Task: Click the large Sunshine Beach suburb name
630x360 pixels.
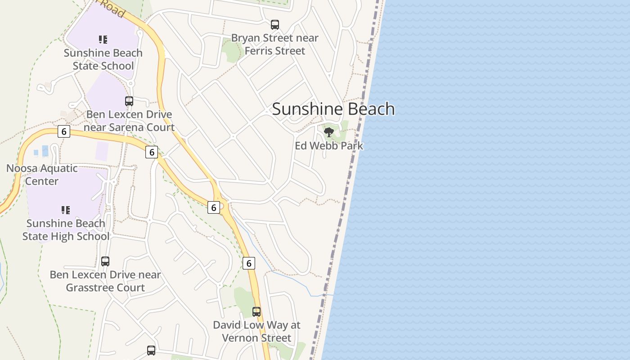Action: [x=333, y=109]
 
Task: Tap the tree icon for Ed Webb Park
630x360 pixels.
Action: [x=329, y=132]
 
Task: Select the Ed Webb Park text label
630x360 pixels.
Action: [x=329, y=146]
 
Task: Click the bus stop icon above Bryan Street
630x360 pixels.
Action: [x=275, y=25]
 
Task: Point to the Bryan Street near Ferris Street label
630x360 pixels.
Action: [x=274, y=45]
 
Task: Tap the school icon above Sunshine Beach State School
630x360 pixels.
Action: [x=103, y=40]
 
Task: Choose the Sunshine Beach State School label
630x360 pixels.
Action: [x=103, y=59]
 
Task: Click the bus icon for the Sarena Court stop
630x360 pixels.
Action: [x=129, y=101]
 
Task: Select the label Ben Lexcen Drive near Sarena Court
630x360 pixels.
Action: [x=129, y=121]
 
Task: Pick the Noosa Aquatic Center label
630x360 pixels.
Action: [x=42, y=175]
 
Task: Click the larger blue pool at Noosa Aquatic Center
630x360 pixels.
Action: [x=45, y=151]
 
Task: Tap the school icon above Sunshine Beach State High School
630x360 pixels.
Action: [x=66, y=210]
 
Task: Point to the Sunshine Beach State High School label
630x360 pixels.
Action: [x=66, y=230]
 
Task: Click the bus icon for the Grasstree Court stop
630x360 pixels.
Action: [x=105, y=261]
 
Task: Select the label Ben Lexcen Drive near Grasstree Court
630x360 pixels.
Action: [x=105, y=281]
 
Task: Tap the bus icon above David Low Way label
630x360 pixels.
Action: [x=256, y=311]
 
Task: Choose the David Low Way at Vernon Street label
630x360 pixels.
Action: [x=256, y=331]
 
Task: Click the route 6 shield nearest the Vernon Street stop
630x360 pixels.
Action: [x=249, y=263]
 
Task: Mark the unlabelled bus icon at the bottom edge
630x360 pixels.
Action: [x=151, y=350]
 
